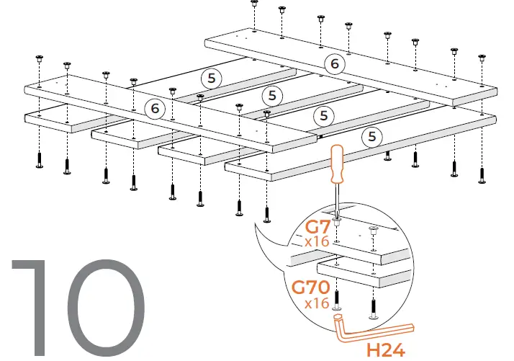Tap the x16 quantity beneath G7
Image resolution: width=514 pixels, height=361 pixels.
(x=317, y=242)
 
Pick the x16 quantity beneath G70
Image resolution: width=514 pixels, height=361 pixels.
(x=317, y=303)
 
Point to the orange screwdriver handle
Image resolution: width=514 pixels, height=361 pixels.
(x=338, y=164)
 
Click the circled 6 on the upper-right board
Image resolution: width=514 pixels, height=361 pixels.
(x=333, y=64)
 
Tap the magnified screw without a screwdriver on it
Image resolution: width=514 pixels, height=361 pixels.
(x=373, y=230)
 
